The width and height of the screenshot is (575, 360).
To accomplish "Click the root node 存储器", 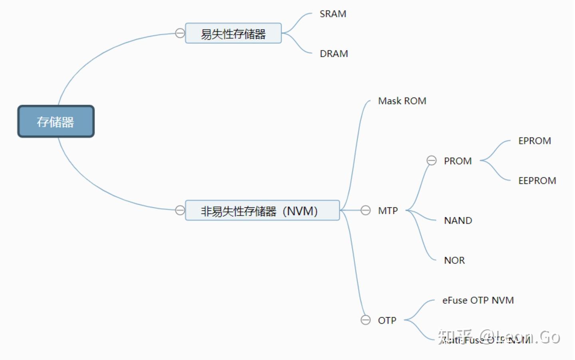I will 56,121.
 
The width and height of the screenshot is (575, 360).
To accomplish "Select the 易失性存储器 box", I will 233,34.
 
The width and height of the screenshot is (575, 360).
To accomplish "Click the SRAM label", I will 333,14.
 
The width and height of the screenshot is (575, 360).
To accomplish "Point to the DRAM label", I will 334,54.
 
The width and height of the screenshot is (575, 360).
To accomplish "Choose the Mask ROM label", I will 402,101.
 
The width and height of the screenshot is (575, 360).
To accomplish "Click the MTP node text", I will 388,211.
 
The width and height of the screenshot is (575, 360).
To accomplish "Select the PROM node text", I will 458,161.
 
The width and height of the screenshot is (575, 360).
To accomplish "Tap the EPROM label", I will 534,141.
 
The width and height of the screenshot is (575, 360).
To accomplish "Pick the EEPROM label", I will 537,181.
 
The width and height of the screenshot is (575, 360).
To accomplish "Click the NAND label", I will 458,221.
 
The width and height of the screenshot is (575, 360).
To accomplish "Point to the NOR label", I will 454,261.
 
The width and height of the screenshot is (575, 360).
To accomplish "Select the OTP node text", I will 387,320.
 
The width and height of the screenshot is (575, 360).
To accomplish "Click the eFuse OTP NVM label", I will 478,300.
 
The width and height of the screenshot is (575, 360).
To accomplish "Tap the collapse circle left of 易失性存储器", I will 180,33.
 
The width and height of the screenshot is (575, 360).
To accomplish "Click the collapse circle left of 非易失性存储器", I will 180,210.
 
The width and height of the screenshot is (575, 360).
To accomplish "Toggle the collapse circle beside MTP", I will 365,210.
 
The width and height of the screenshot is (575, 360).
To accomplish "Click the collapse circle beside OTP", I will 365,320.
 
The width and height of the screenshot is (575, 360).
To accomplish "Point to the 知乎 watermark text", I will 455,337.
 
